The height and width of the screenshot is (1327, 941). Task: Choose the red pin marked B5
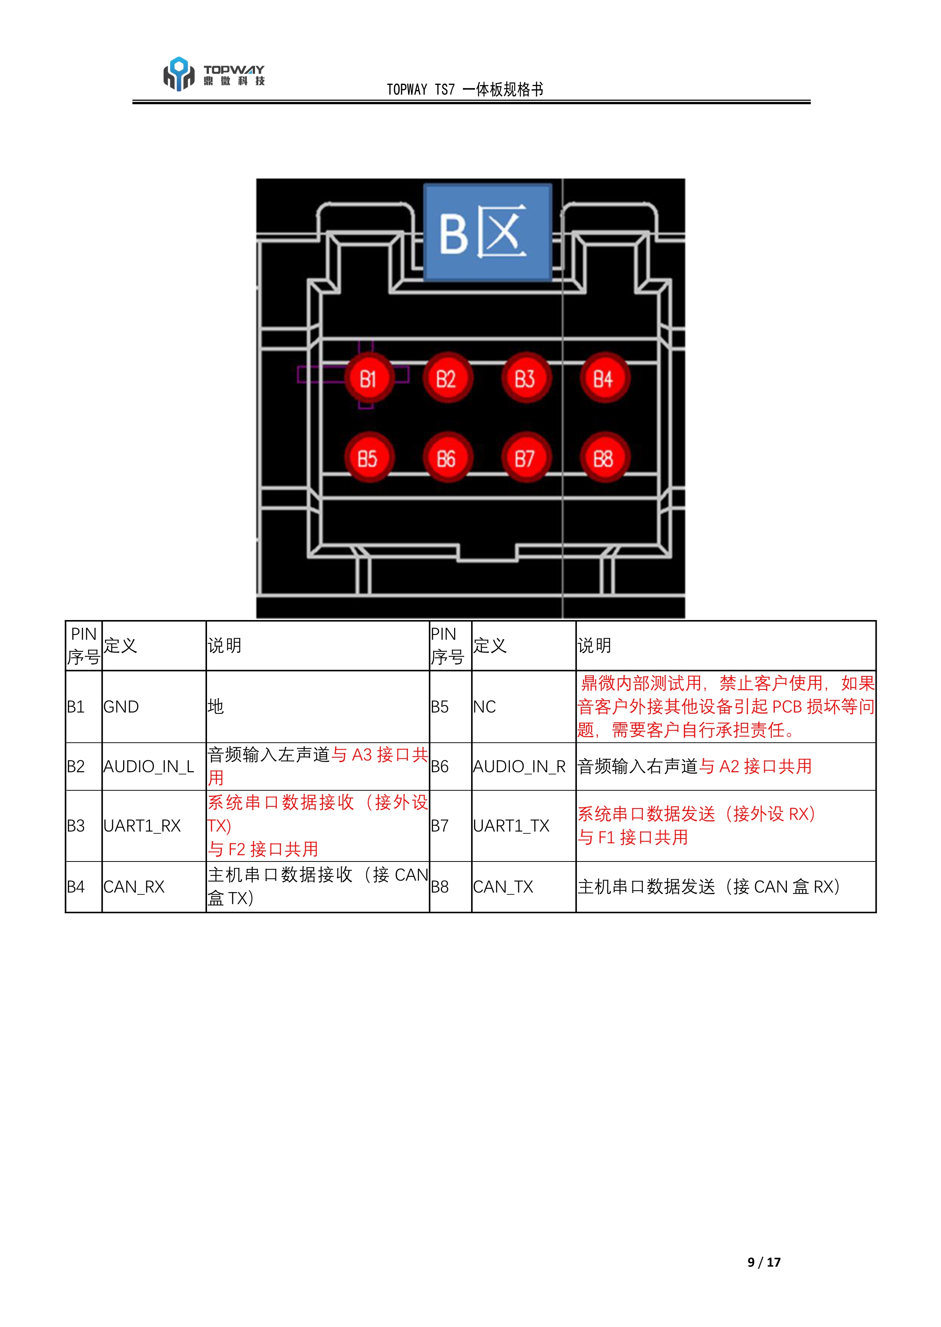click(369, 458)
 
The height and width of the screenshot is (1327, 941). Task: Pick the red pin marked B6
click(447, 458)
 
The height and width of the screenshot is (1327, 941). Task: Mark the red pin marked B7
click(525, 458)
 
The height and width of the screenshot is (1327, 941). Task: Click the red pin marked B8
click(603, 458)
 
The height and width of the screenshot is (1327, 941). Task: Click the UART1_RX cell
click(142, 826)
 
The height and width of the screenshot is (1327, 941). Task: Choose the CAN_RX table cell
click(134, 886)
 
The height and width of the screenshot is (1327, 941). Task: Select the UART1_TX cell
click(511, 826)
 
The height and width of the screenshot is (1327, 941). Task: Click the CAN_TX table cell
click(503, 886)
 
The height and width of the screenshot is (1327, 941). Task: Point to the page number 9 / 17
click(764, 1262)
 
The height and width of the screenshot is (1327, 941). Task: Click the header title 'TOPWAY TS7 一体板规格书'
click(465, 89)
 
